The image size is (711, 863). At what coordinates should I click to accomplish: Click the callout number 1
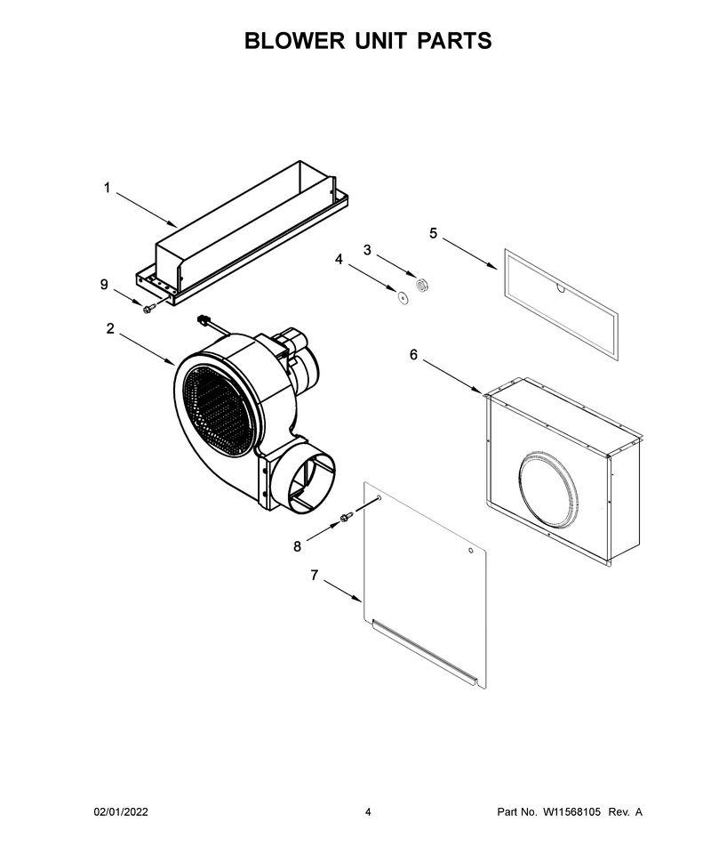pyautogui.click(x=108, y=189)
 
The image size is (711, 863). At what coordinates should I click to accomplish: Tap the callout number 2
pyautogui.click(x=110, y=328)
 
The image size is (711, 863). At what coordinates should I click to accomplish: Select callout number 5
pyautogui.click(x=434, y=233)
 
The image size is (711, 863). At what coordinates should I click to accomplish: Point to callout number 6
pyautogui.click(x=413, y=355)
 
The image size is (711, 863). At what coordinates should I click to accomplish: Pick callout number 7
pyautogui.click(x=314, y=575)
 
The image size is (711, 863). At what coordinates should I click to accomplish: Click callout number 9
pyautogui.click(x=104, y=285)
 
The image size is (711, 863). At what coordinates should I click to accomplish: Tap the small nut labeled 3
pyautogui.click(x=422, y=285)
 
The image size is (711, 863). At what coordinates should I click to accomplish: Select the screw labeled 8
pyautogui.click(x=346, y=518)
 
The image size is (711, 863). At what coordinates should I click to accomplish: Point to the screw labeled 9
pyautogui.click(x=148, y=310)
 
